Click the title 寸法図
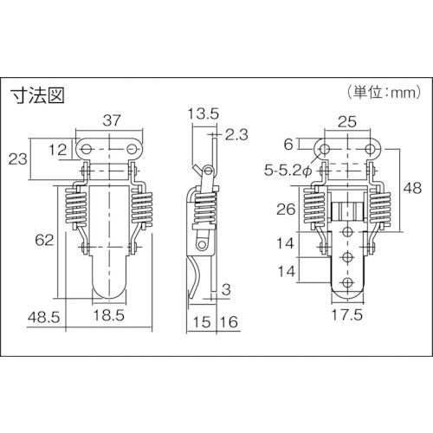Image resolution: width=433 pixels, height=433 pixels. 37,94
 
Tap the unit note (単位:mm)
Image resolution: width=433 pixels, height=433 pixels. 385,92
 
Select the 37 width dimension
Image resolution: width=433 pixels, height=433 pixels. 112,120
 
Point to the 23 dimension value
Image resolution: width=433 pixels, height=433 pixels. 18,158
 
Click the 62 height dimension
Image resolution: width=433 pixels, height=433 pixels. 44,240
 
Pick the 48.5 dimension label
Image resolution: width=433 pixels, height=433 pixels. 44,318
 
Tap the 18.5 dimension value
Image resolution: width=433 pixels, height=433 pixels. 109,315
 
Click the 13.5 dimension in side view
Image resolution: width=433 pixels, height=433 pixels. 204,113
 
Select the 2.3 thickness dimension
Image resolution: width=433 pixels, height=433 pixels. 236,134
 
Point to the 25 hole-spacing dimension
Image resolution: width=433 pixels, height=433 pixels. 347,121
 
